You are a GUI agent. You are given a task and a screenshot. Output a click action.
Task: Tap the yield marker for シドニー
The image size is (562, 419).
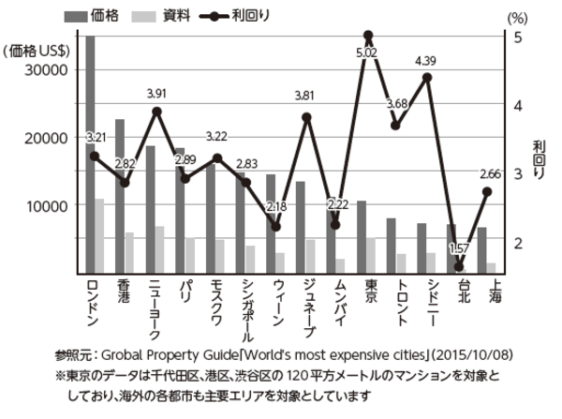pos(427,77)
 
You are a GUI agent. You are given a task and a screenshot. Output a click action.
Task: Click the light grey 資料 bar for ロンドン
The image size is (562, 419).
pos(100,235)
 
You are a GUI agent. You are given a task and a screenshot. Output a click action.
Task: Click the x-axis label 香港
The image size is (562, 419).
pos(123,290)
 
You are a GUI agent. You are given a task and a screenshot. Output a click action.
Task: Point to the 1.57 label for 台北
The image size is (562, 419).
pos(458,248)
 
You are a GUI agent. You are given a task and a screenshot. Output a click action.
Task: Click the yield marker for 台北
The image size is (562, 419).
pos(459,267)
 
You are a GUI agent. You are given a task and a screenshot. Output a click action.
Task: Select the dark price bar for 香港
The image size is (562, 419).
pos(120,196)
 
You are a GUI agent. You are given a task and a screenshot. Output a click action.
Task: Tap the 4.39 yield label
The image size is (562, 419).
pos(427,62)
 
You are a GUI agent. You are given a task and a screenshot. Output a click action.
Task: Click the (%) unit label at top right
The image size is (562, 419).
pos(516,17)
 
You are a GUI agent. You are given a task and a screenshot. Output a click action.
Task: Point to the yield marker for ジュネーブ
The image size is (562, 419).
pos(307,117)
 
